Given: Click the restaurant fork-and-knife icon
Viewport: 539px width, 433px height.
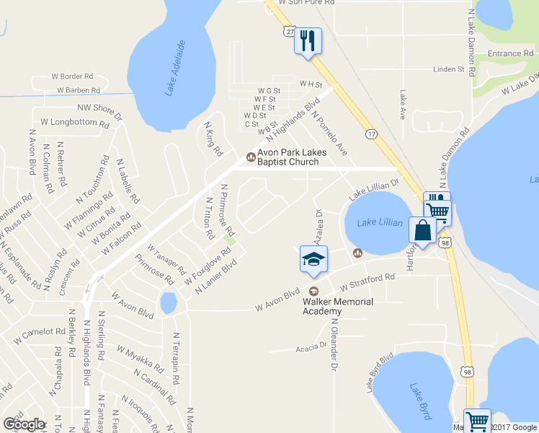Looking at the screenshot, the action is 308,40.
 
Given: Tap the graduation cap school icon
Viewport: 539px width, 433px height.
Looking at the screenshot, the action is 313,259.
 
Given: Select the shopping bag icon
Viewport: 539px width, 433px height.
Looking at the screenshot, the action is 423,231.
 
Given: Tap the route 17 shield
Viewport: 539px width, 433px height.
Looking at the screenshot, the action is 371,134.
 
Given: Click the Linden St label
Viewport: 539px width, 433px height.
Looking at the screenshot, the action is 448,69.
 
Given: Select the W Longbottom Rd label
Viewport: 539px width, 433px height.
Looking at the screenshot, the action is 74,123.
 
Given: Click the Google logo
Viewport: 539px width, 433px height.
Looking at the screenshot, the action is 24,424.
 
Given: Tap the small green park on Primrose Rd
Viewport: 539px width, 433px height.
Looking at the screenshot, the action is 229,240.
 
